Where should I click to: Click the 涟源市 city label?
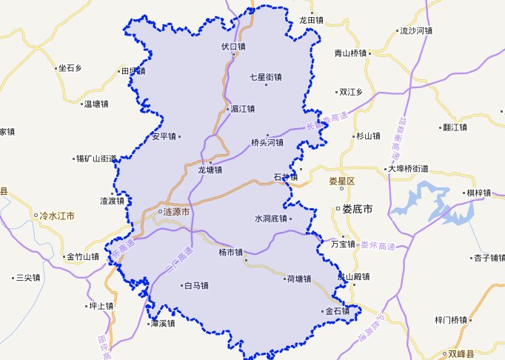click(x=176, y=212)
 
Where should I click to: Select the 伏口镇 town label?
click(x=233, y=46)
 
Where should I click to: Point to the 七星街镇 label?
click(x=267, y=77)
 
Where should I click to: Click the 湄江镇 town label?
click(x=242, y=109)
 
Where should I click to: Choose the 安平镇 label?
click(x=164, y=136)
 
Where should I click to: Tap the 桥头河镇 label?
click(x=267, y=142)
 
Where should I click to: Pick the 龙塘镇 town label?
click(x=210, y=170)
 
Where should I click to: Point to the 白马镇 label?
click(x=196, y=285)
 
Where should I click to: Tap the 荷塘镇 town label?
click(x=298, y=279)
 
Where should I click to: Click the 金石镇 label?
click(x=337, y=311)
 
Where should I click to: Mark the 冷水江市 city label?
click(x=56, y=216)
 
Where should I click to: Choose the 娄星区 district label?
click(x=343, y=181)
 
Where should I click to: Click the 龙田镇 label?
click(x=312, y=21)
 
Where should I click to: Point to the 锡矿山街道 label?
click(x=96, y=159)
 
